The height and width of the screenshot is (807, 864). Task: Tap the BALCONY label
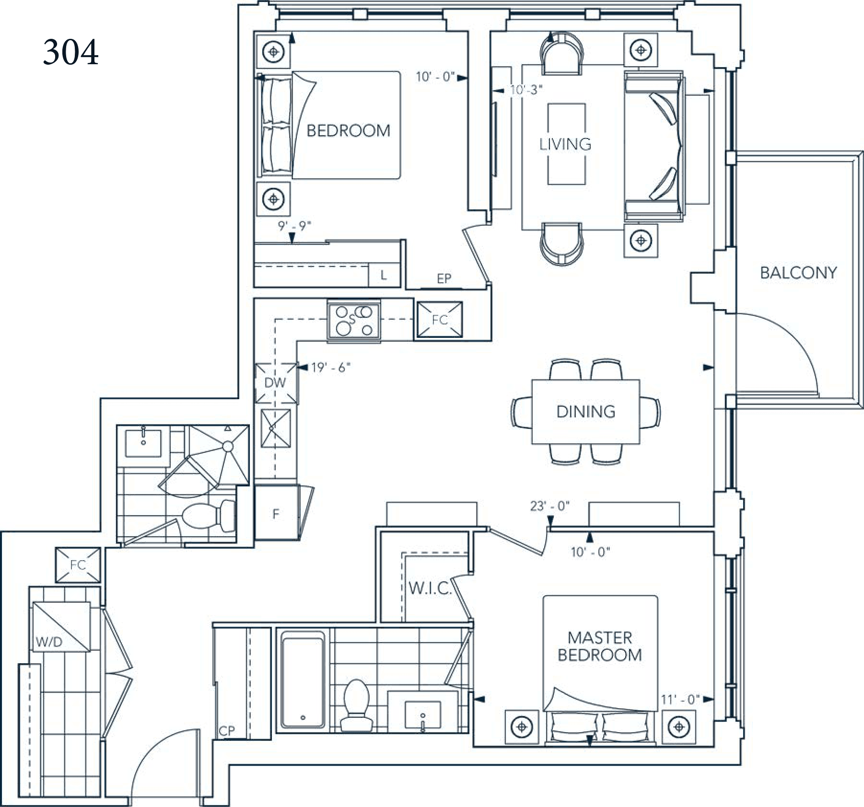[798, 273]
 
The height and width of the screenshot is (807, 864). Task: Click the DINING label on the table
[585, 411]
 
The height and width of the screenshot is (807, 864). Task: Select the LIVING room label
[565, 144]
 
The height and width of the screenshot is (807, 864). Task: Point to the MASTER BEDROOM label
[599, 646]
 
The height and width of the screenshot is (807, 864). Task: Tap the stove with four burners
[353, 320]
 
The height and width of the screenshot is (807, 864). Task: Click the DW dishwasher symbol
[275, 382]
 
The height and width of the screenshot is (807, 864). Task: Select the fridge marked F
[276, 514]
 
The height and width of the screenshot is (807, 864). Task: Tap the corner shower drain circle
[227, 447]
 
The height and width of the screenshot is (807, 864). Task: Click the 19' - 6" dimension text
[331, 368]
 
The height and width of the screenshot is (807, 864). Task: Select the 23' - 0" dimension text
[549, 506]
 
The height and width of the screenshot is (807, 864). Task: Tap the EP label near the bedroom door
[444, 278]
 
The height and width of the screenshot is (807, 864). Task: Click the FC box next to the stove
[439, 320]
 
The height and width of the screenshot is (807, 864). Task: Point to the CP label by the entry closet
[227, 730]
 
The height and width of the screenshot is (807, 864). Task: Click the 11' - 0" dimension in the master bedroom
[680, 700]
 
